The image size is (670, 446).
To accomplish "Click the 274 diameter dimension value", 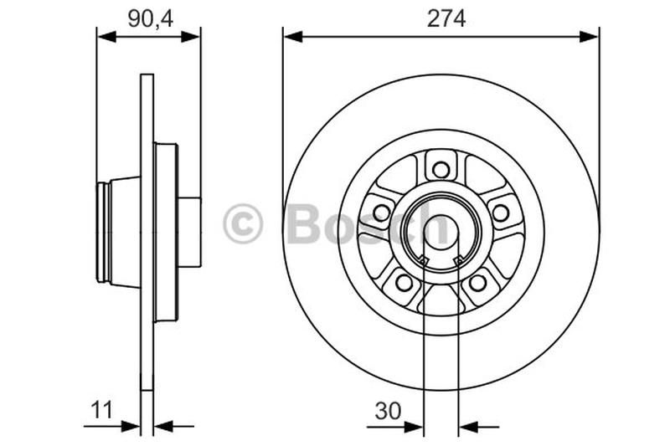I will [x=446, y=18].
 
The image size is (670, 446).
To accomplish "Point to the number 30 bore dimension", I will [x=387, y=410].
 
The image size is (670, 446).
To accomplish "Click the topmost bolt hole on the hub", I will [x=441, y=170].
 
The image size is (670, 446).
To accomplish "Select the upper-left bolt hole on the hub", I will [x=382, y=213].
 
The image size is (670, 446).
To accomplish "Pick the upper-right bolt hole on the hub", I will [x=500, y=213].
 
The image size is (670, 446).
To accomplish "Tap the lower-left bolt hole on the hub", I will [x=405, y=283].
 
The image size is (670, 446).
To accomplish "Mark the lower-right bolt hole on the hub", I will [x=477, y=283].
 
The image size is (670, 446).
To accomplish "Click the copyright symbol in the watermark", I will [x=243, y=224].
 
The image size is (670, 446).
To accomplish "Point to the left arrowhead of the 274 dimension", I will [x=290, y=36].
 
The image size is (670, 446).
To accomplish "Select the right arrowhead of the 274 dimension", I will [x=592, y=36].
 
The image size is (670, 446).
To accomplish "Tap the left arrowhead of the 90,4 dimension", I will [x=103, y=36].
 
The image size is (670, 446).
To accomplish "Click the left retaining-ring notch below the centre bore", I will [x=424, y=263].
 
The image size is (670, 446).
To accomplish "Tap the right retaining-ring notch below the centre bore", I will [x=458, y=263].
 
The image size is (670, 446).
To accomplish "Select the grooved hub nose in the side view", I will [x=104, y=233].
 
